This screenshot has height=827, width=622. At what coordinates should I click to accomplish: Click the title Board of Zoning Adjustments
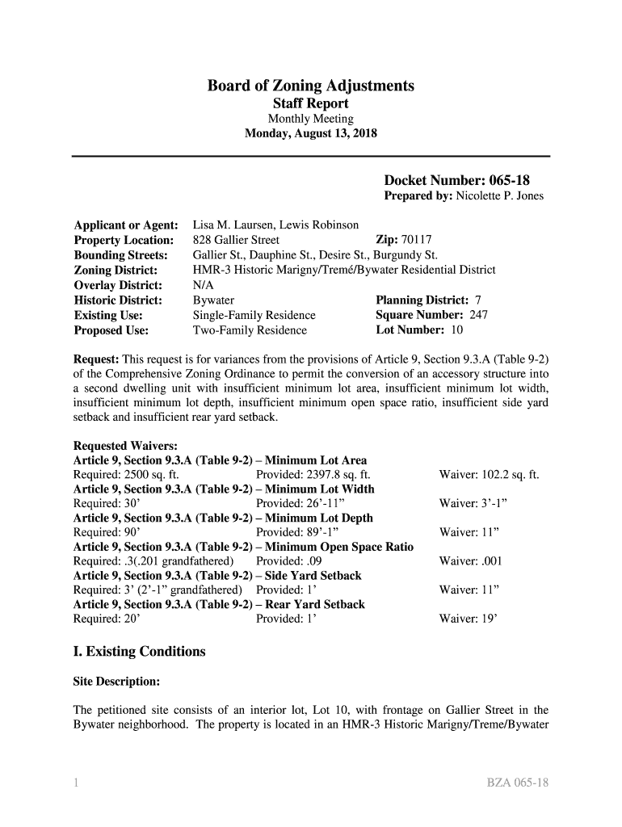coord(311,86)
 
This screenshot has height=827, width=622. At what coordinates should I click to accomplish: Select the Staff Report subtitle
coord(311,104)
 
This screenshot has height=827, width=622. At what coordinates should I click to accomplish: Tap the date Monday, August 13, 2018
coord(311,134)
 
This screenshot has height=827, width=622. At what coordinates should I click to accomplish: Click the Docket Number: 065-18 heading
coord(456,180)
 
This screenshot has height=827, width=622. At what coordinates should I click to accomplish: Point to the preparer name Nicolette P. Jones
coord(500,196)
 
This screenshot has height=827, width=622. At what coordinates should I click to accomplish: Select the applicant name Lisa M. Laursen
coord(230,225)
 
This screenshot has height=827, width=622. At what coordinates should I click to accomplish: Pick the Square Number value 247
coord(478,315)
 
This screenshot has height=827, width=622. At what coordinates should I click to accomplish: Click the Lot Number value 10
coord(456,330)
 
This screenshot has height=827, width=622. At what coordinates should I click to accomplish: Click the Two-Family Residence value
coord(250,330)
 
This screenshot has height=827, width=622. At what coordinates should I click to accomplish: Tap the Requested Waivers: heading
coord(125,446)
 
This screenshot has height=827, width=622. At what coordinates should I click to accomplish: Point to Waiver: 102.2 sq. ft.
coord(489,475)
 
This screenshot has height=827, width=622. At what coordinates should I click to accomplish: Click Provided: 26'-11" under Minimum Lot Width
coord(305,503)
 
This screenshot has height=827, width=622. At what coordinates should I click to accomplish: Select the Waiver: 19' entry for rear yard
coord(469,619)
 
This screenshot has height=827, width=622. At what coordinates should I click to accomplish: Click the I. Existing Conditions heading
coord(140,651)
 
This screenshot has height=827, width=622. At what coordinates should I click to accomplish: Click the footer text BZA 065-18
coord(517,783)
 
